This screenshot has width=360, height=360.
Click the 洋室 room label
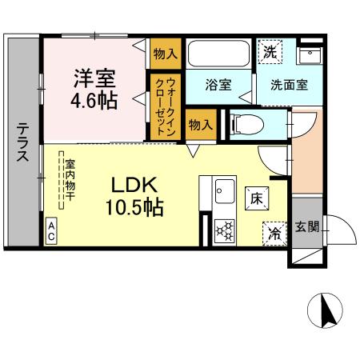(95, 79)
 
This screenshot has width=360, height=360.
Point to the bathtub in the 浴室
(221, 54)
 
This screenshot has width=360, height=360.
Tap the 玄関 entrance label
(306, 227)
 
